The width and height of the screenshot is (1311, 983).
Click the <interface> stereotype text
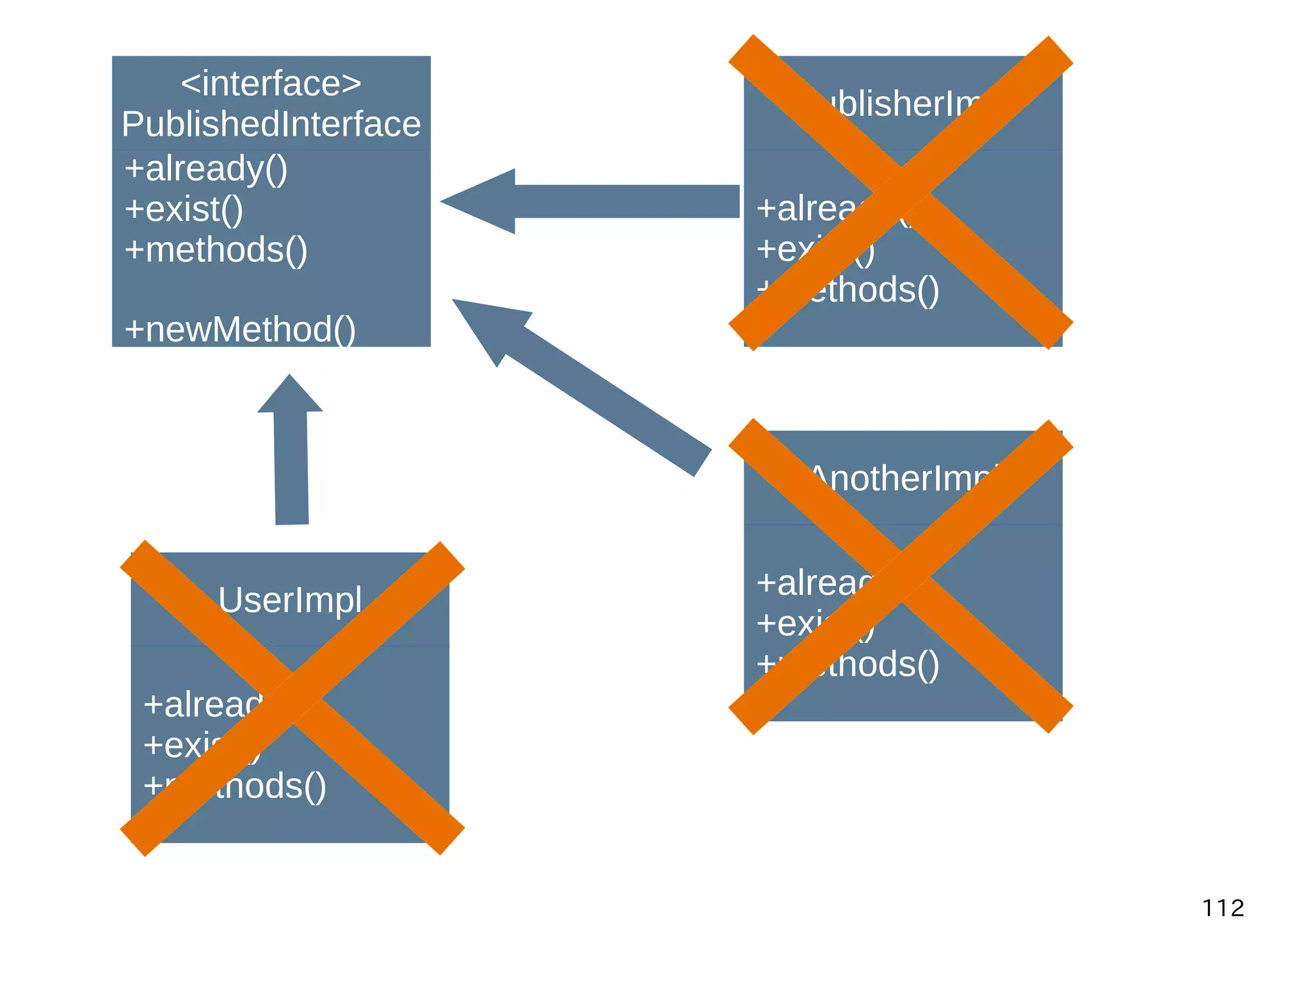click(271, 84)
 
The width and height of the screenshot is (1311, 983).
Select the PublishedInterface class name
click(271, 124)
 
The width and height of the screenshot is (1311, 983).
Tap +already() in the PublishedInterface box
click(205, 169)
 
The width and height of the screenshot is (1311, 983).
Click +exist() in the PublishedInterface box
click(184, 209)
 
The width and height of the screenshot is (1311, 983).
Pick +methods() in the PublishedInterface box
click(216, 250)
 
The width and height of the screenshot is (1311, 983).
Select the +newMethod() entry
click(239, 329)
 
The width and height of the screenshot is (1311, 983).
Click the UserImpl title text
click(289, 600)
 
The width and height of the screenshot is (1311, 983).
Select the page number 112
click(1223, 908)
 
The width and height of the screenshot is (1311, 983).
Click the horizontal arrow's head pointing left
click(480, 201)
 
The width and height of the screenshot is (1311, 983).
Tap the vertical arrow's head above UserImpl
click(290, 394)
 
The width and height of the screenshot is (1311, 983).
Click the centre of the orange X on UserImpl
click(293, 698)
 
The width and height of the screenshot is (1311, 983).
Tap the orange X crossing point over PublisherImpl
click(901, 192)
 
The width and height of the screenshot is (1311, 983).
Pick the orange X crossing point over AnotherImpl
click(901, 576)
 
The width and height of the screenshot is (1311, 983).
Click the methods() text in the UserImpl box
click(269, 786)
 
